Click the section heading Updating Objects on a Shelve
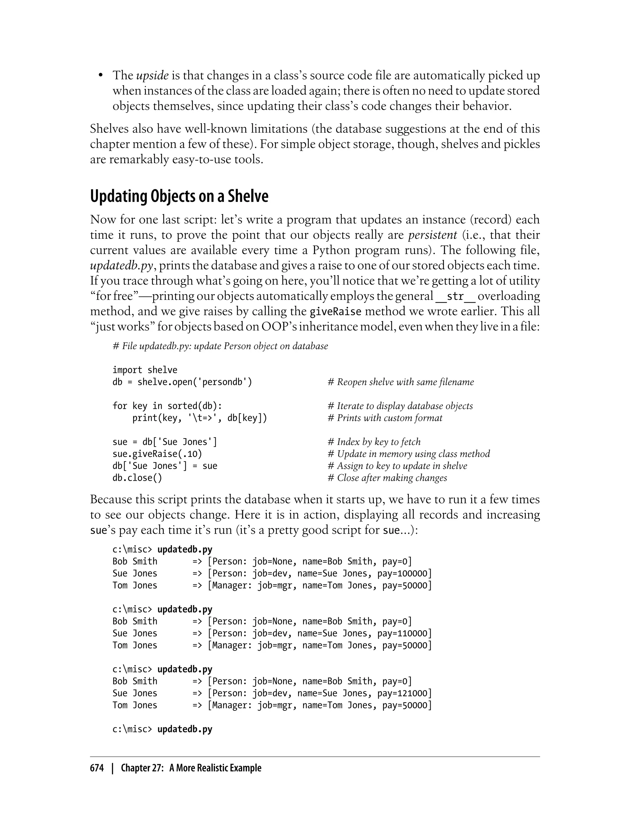[179, 196]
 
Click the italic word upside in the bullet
[152, 76]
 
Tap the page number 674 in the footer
[97, 768]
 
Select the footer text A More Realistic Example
[215, 768]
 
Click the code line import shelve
[145, 370]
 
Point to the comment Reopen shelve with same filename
[401, 382]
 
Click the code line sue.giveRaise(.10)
[157, 454]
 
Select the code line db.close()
[137, 478]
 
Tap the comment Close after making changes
[388, 478]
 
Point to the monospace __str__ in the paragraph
[455, 296]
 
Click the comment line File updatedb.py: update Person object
[220, 346]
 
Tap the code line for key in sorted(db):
[167, 406]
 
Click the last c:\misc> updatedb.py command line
[162, 729]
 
